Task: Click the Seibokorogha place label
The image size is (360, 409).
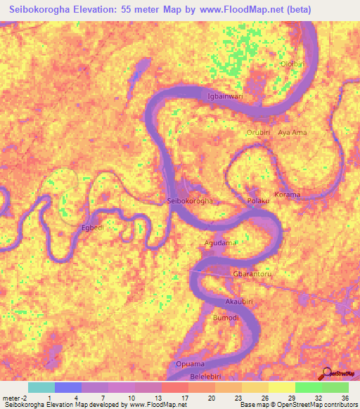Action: [x=191, y=201]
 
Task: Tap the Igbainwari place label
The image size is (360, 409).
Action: [x=224, y=96]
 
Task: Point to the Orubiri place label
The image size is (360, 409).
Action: [x=258, y=132]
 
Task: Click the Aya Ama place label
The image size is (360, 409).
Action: [x=292, y=132]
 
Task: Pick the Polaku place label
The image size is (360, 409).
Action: [x=258, y=201]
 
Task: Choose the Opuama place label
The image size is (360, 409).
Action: [x=190, y=364]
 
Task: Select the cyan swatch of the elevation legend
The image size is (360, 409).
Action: [x=41, y=387]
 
